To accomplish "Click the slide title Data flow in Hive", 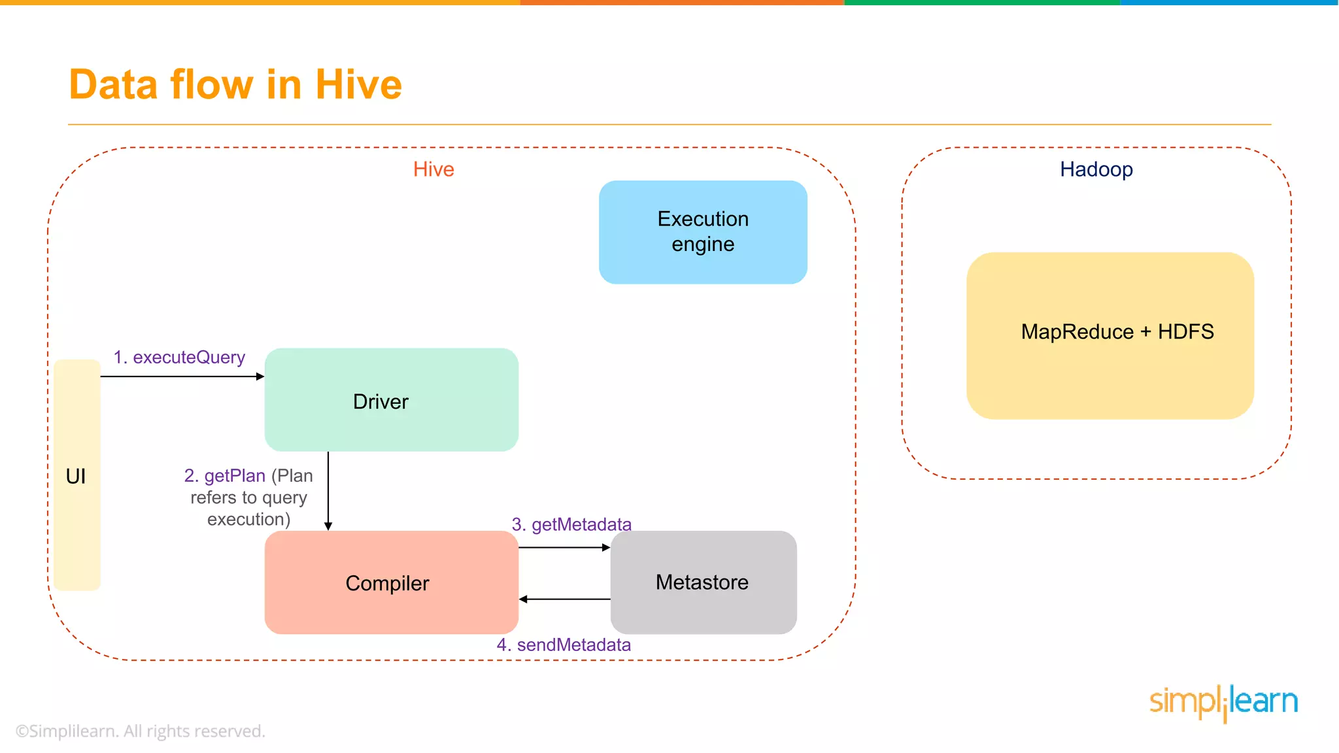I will coord(235,85).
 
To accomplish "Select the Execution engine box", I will coord(703,232).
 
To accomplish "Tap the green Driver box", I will coord(391,400).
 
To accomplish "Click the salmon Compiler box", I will coord(391,582).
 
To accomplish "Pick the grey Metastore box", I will coord(703,582).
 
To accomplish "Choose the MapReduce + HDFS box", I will coord(1110,335).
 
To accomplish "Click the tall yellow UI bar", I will coord(77,475).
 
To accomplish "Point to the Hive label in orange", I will coord(433,169).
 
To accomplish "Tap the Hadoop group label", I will coord(1096,169).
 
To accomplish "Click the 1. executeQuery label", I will coord(179,358).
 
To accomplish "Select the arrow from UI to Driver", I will coord(182,376).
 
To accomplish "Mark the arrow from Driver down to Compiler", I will coord(328,490).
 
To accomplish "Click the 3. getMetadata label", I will coord(571,524).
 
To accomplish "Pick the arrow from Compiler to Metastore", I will coord(564,548).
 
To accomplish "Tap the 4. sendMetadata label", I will coord(564,644).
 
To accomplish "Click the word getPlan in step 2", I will coord(234,476).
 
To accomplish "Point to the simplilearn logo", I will coord(1223,702).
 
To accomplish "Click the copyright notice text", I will coord(141,731).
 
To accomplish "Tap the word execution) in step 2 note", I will coord(248,520).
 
